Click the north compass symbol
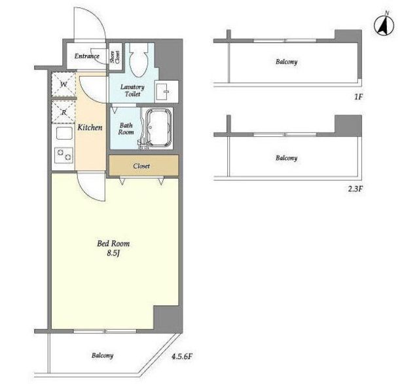[384, 25]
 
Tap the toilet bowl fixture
[139, 60]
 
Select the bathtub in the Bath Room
[158, 128]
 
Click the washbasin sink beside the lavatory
[163, 92]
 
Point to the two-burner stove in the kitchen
[64, 155]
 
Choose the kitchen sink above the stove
[64, 133]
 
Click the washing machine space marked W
[64, 85]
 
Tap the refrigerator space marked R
[64, 112]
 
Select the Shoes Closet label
[115, 57]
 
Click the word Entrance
[87, 56]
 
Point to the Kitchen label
[90, 127]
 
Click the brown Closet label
[141, 166]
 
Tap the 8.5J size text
[113, 253]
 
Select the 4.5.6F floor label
[182, 356]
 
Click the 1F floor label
[358, 97]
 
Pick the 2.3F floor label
[356, 189]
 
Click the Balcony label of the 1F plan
[287, 62]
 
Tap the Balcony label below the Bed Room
[102, 355]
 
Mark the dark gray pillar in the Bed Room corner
[168, 319]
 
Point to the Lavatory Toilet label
[132, 90]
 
